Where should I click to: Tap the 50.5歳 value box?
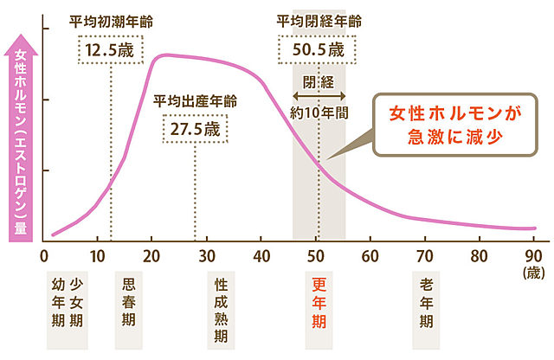(319, 48)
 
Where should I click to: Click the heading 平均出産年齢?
(195, 100)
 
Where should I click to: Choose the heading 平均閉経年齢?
(318, 19)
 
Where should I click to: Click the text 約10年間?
(319, 112)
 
